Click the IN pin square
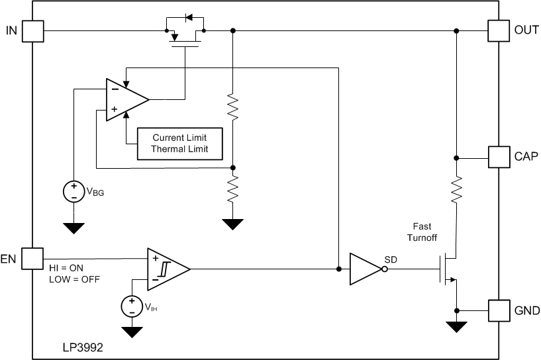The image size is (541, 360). (x=33, y=30)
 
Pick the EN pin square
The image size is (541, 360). (x=33, y=258)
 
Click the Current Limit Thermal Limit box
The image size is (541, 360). (x=179, y=144)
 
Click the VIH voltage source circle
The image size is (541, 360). (x=132, y=306)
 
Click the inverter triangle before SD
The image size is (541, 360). (x=366, y=269)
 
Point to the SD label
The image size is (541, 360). (x=390, y=259)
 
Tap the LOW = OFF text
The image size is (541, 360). (x=74, y=279)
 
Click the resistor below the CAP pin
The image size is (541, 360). (x=456, y=189)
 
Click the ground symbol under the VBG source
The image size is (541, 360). (x=74, y=228)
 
